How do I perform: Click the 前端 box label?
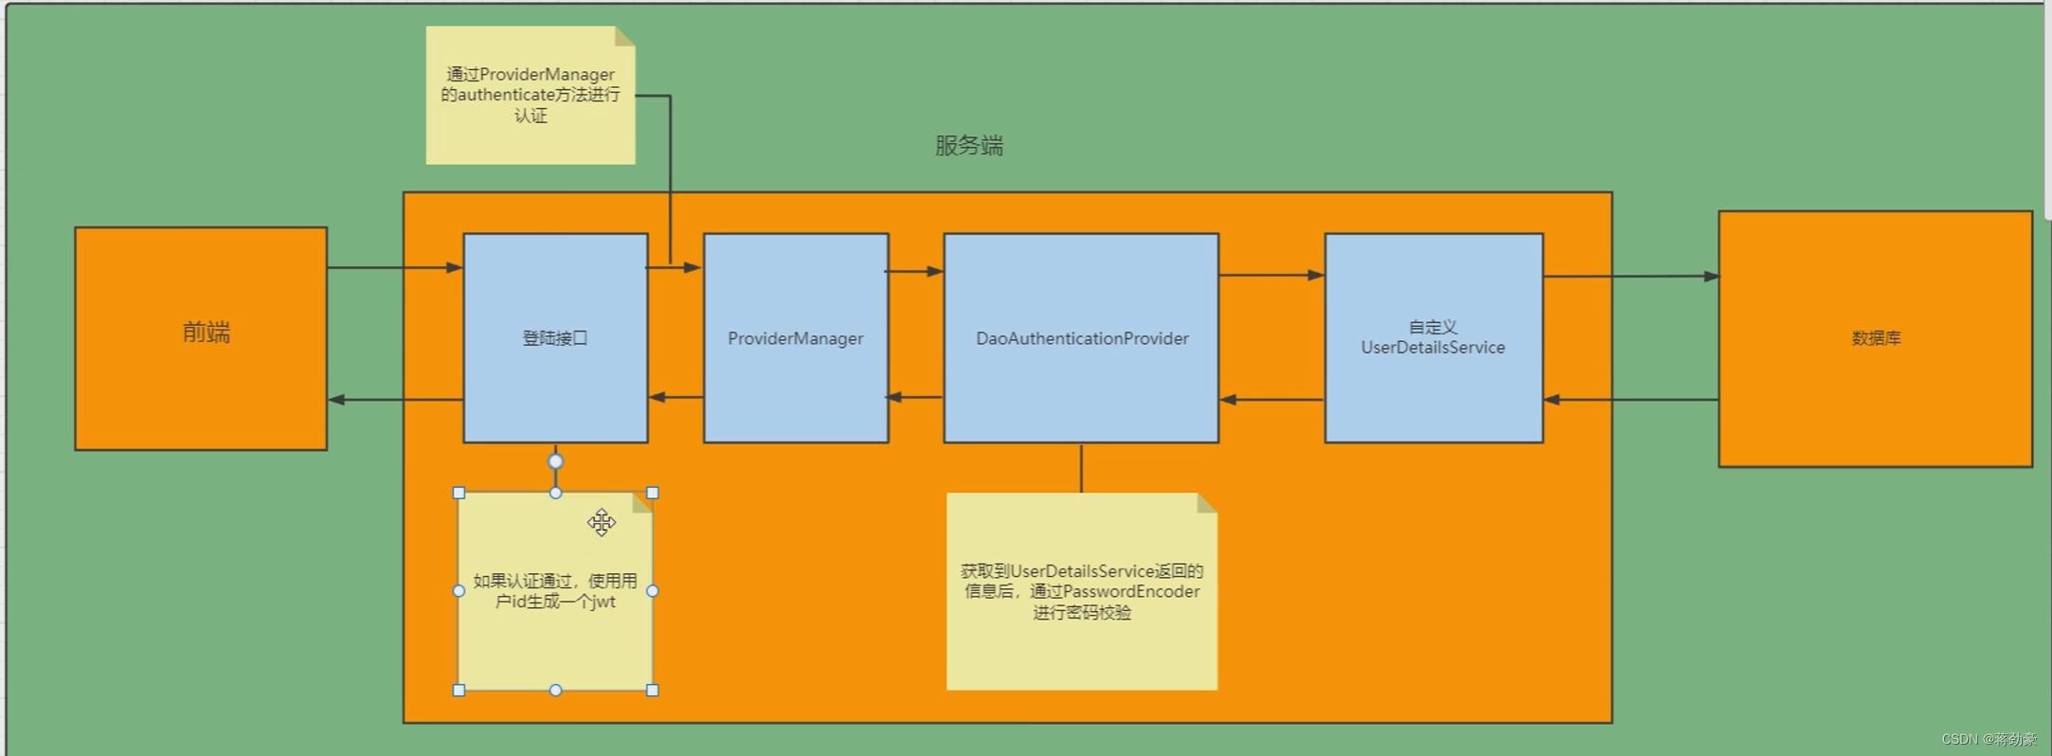tap(206, 333)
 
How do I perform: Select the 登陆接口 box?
tap(555, 338)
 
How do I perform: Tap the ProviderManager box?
tap(795, 338)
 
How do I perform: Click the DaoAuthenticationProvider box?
tap(1081, 338)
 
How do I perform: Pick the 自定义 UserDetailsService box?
tap(1432, 337)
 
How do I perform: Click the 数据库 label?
tap(1875, 338)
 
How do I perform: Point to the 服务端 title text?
tap(968, 146)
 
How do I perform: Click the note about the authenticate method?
tap(530, 95)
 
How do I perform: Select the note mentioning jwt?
tap(555, 591)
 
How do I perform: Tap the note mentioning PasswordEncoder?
tap(1081, 591)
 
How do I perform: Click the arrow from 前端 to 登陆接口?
tap(394, 267)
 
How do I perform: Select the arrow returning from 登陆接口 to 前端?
tap(394, 400)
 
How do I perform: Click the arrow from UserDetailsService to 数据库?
tap(1630, 277)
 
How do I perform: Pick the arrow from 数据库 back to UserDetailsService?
tap(1630, 400)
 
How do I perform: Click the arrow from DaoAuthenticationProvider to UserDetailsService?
tap(1270, 275)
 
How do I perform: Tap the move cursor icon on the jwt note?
tap(601, 522)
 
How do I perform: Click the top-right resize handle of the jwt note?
tap(652, 493)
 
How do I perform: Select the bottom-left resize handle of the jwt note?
tap(459, 691)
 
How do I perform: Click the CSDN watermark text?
tap(1988, 739)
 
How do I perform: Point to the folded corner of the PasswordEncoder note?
tap(1207, 502)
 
